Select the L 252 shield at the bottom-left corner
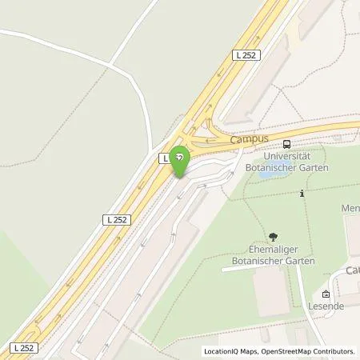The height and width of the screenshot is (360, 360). click(x=24, y=347)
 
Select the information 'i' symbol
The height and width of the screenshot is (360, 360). click(x=302, y=193)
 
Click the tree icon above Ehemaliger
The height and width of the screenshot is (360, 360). click(x=274, y=237)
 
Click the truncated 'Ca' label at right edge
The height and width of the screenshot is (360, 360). click(x=352, y=270)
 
